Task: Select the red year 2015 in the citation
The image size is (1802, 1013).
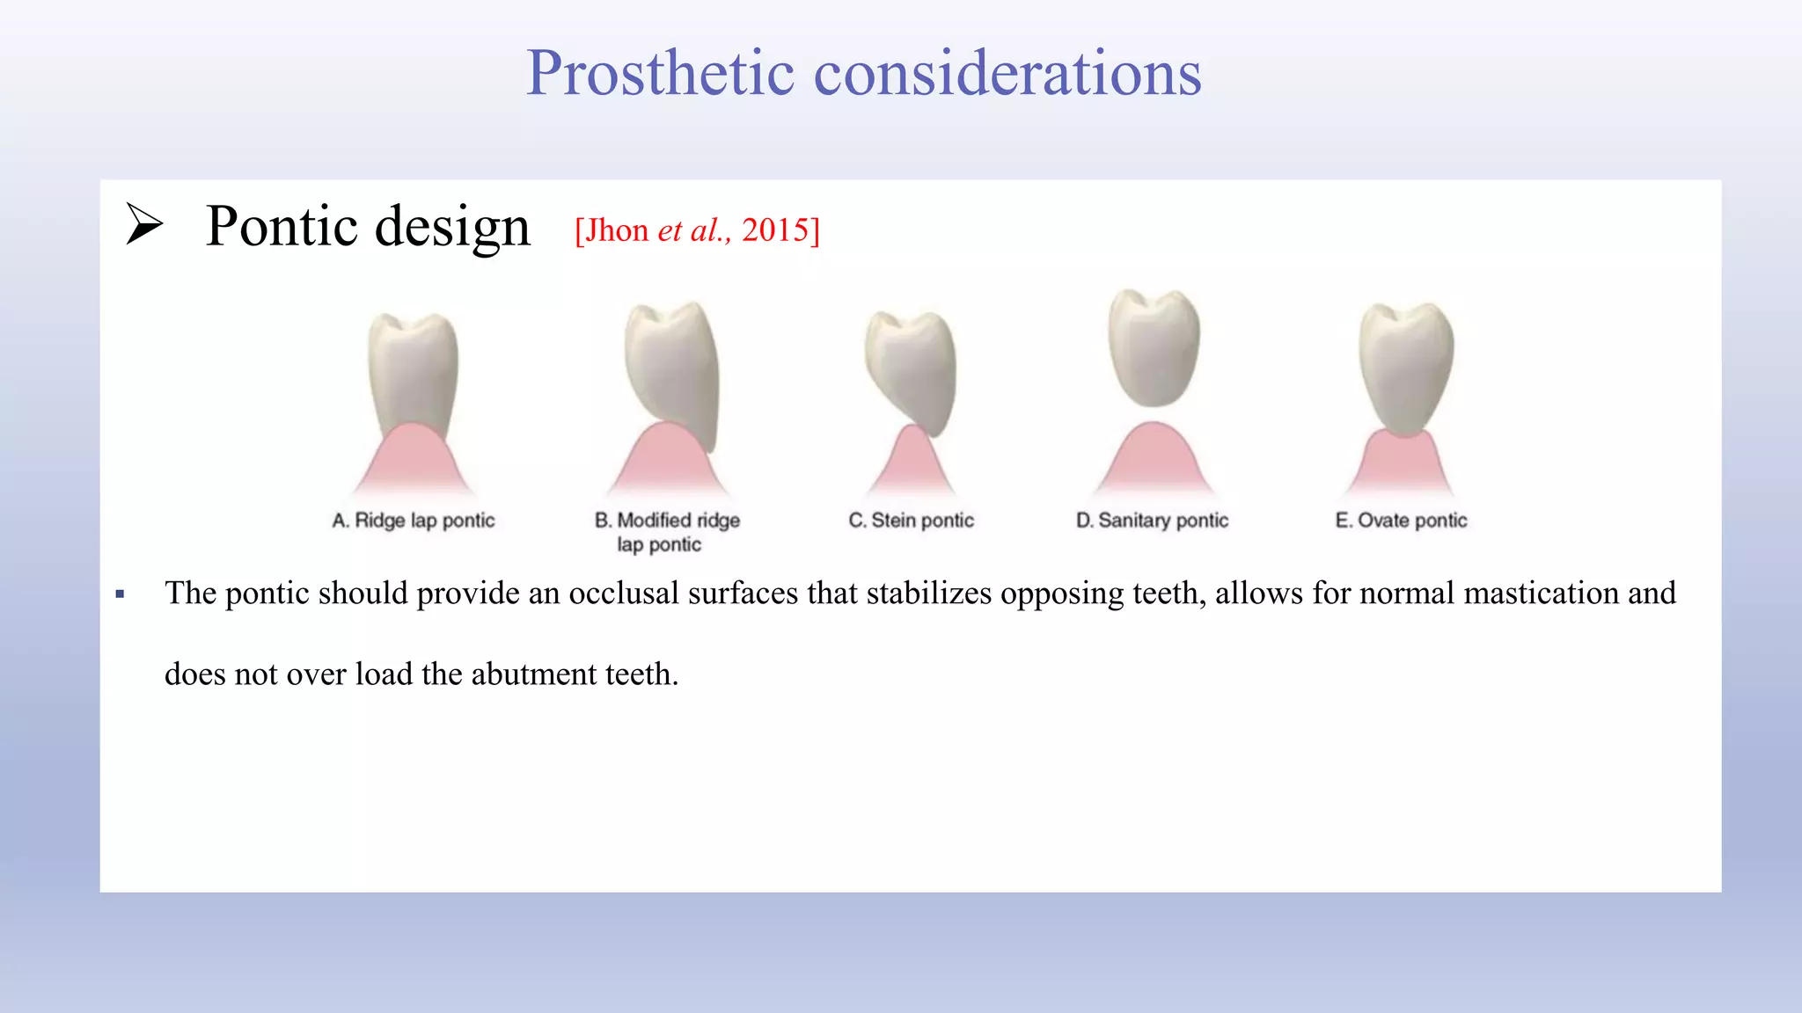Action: [x=774, y=230]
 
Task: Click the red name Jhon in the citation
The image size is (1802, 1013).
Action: [x=617, y=230]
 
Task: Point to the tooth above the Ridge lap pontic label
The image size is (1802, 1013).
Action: [x=413, y=369]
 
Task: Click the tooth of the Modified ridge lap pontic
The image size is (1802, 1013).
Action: [x=673, y=369]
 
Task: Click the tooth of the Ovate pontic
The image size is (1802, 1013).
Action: [x=1405, y=365]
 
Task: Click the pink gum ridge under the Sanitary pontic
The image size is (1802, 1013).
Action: [x=1154, y=462]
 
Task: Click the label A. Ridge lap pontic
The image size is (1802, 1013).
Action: [x=413, y=521]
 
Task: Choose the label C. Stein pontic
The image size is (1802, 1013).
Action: [x=911, y=521]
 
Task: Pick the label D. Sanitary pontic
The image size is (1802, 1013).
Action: [x=1152, y=521]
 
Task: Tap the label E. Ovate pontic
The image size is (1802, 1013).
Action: [x=1401, y=521]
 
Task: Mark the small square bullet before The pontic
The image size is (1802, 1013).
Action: [x=121, y=595]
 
